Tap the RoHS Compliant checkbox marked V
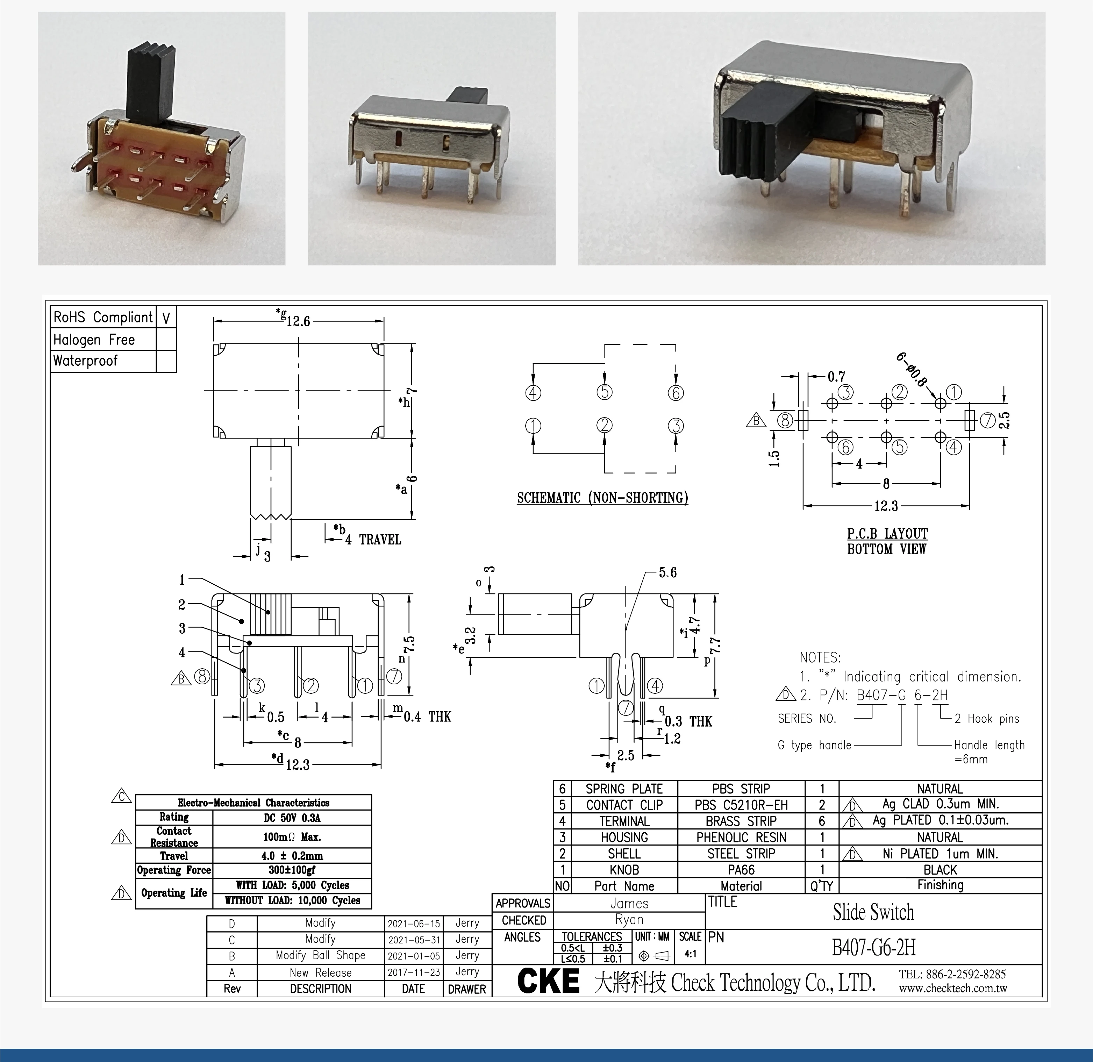(x=166, y=318)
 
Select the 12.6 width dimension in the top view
(x=298, y=321)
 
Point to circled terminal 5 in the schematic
(x=605, y=392)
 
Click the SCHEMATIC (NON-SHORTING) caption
(x=602, y=498)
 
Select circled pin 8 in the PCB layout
(x=785, y=420)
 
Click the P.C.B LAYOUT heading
(x=887, y=534)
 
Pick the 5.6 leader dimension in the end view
(x=667, y=573)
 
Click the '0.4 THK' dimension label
(x=427, y=717)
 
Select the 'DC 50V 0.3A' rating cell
(x=292, y=818)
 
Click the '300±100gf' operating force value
(x=292, y=870)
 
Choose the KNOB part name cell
(x=624, y=870)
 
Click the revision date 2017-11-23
(x=414, y=972)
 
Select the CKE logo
(x=548, y=981)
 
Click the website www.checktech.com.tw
(x=952, y=988)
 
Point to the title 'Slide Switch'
(x=873, y=913)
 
